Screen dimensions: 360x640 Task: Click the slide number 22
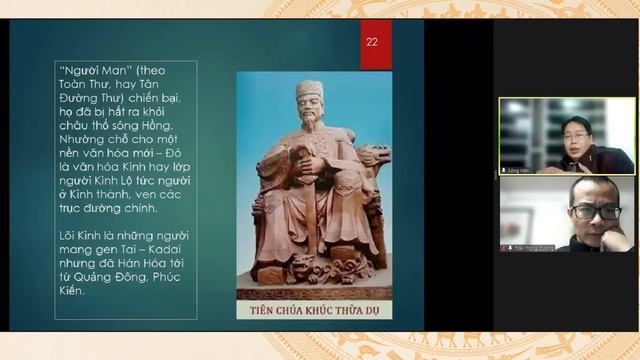[x=372, y=41]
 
